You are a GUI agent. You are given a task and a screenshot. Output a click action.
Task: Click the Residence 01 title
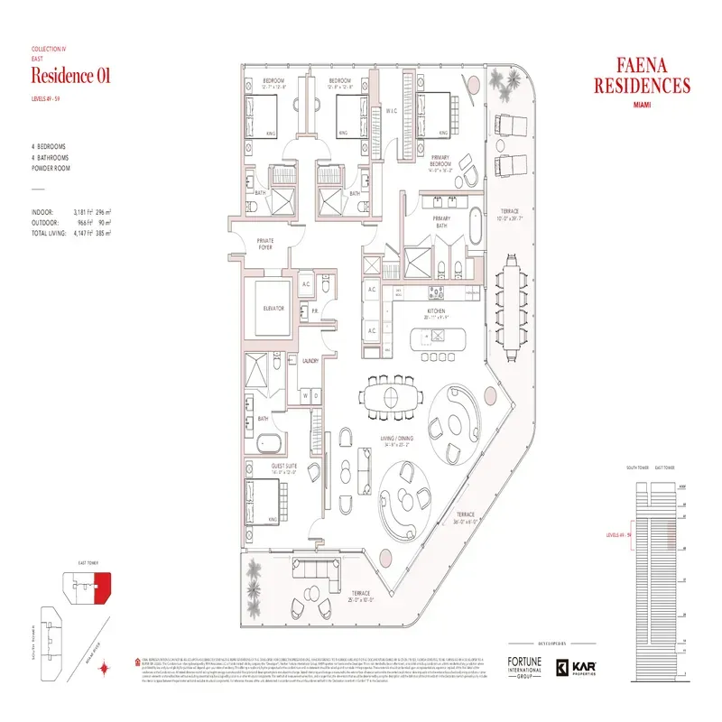70,76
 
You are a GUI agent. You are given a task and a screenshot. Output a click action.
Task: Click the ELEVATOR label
273,308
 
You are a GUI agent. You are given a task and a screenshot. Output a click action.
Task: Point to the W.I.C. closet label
392,111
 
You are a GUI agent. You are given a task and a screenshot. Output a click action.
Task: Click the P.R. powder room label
316,310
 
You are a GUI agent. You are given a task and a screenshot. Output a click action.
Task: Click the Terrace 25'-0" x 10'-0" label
359,596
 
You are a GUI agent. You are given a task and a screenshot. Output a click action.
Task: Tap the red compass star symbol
105,669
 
